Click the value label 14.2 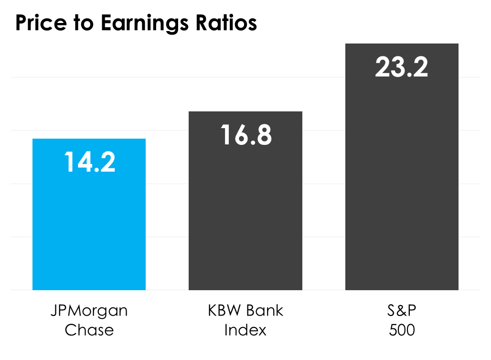click(x=90, y=163)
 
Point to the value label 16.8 click(x=246, y=135)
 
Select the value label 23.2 click(x=402, y=67)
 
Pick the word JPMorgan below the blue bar click(x=89, y=311)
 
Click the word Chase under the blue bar click(x=89, y=330)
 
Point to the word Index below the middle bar click(x=245, y=330)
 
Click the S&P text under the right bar click(x=402, y=311)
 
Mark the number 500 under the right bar click(x=402, y=330)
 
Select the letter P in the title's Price click(x=21, y=23)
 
